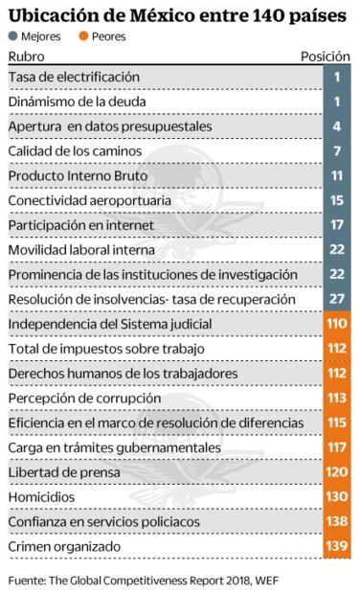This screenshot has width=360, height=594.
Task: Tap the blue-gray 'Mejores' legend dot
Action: click(12, 36)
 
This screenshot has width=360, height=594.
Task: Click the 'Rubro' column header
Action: click(26, 57)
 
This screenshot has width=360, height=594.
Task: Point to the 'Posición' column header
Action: click(326, 57)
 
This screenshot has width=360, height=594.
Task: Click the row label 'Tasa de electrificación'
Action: click(74, 76)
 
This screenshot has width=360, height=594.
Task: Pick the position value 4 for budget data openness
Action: click(337, 126)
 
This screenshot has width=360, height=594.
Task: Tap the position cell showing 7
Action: click(337, 150)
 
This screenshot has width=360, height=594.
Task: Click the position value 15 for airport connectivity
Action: click(337, 200)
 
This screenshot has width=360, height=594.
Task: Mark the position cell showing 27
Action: click(337, 300)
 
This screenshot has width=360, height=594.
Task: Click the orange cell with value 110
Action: click(337, 325)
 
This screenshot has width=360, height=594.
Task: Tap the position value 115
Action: click(337, 423)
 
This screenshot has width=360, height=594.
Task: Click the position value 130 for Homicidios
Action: click(337, 497)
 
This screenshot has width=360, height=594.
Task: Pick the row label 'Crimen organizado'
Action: click(64, 547)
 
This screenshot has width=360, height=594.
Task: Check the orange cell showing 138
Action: click(337, 522)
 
